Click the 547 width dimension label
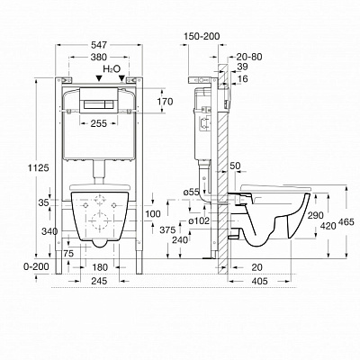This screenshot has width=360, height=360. coord(99,45)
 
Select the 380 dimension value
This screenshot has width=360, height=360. coord(99,57)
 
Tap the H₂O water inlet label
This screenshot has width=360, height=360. coord(112,68)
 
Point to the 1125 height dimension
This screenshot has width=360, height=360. coord(39,167)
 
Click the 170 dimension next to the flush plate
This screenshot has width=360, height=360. coord(165,102)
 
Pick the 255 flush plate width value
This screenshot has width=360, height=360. coord(98,123)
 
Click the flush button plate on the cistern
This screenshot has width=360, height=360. coord(98,101)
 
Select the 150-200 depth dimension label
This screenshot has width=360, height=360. coord(202,36)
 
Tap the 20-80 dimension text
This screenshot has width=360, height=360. coord(249,57)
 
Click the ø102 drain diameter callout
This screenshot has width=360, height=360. coord(199,220)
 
